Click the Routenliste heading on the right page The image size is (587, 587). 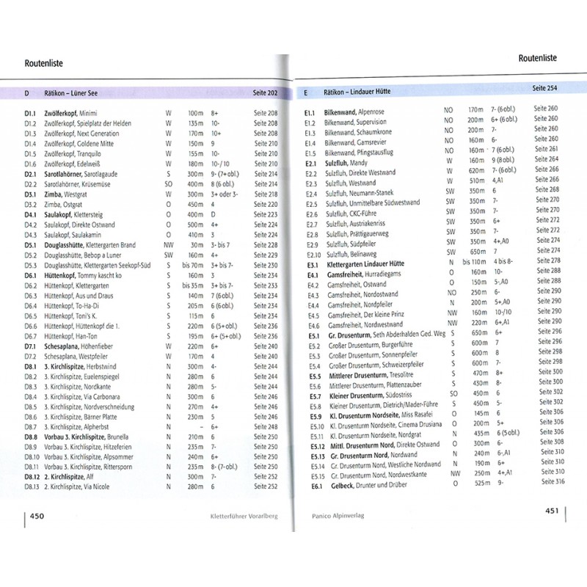(x=537, y=57)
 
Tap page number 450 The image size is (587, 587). (x=38, y=515)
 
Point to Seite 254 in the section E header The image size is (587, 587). (x=544, y=88)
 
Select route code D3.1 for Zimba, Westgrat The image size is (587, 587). (x=31, y=194)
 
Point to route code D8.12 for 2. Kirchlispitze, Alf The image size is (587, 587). (x=32, y=476)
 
